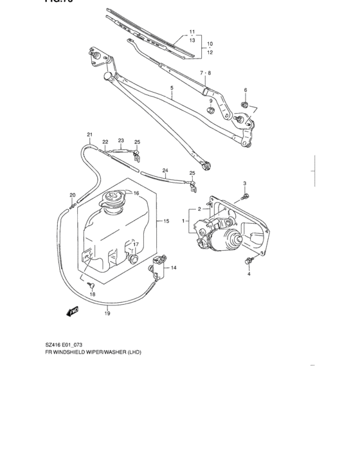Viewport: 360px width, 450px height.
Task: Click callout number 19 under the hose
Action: click(107, 314)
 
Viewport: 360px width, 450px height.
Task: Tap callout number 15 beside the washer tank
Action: click(166, 221)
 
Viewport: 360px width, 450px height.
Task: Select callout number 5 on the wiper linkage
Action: click(172, 87)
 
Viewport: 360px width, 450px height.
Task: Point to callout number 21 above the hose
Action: click(90, 134)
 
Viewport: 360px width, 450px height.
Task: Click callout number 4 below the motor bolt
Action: click(249, 274)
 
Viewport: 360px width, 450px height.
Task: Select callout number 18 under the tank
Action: click(93, 294)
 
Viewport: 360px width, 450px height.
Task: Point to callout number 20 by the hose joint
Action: click(73, 195)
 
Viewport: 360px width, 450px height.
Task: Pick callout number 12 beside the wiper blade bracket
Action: click(210, 52)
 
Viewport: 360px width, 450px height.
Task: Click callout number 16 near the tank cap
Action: click(136, 194)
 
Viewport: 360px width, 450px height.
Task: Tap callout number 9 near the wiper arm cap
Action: click(210, 101)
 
